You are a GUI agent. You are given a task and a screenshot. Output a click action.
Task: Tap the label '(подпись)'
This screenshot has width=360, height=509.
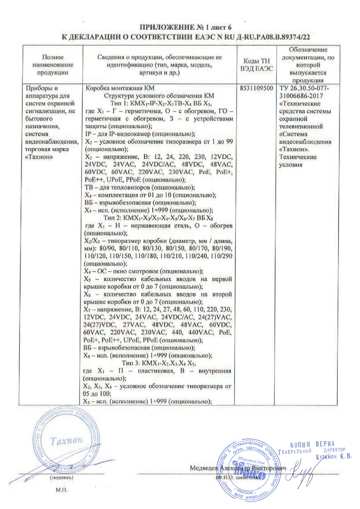coord(58,478)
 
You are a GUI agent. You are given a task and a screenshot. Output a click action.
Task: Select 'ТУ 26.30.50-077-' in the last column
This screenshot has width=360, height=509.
coord(305,88)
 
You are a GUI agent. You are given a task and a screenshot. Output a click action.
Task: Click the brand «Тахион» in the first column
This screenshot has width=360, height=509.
coord(42,157)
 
